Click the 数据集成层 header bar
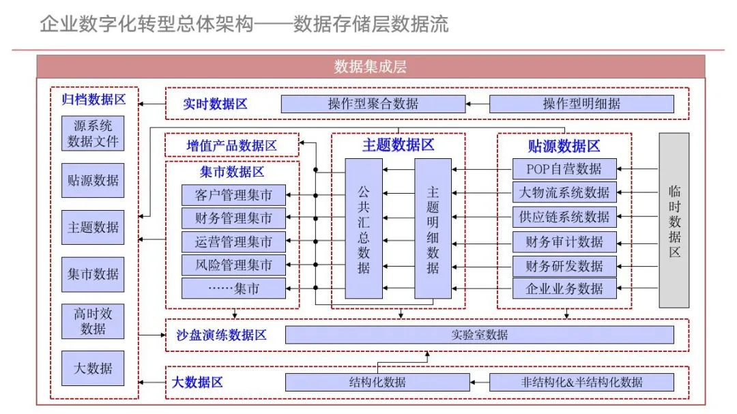371,66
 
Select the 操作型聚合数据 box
373,104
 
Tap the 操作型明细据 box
581,104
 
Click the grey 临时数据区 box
674,220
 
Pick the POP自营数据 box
564,168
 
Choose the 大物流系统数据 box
564,192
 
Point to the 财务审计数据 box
564,241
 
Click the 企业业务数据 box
564,289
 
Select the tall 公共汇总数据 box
363,228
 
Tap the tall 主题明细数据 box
433,228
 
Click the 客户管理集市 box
233,195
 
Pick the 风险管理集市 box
233,265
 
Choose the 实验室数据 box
479,335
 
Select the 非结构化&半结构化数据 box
581,382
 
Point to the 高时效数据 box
93,321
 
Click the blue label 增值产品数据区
232,145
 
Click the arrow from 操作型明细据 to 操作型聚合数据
478,104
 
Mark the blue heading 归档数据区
93,99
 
